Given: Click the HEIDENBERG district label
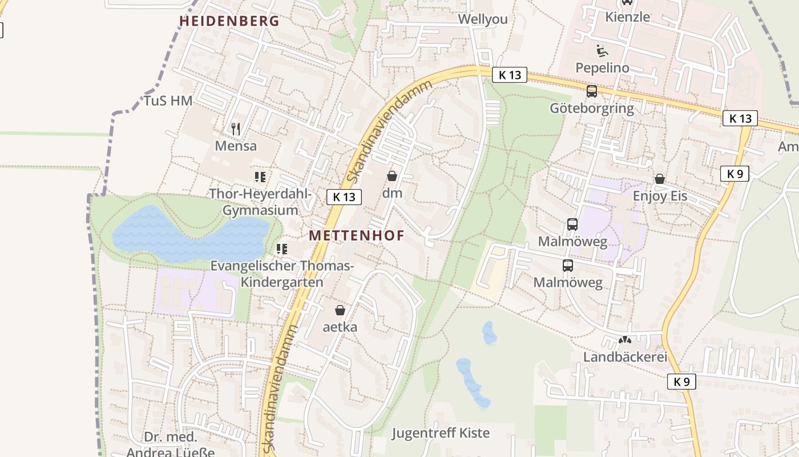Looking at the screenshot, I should [229, 21].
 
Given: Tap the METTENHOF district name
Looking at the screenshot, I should [357, 235].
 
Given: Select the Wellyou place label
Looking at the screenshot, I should [483, 19].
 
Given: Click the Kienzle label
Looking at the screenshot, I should [628, 17].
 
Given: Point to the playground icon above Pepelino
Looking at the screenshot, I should [602, 51].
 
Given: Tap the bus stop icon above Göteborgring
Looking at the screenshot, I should [592, 91].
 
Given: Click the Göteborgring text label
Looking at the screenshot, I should [592, 109].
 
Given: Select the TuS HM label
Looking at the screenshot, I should [168, 101].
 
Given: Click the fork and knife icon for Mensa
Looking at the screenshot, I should [236, 129].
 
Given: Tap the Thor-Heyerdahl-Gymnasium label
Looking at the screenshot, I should [260, 202].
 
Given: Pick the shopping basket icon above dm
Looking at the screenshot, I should [392, 175].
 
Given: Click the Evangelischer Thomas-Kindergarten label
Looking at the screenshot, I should [282, 274].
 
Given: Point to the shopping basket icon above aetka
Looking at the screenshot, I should [340, 310].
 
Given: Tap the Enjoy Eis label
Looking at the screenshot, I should [660, 197].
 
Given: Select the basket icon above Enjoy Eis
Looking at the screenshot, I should [660, 179].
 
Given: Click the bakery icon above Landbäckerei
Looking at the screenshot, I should [625, 340].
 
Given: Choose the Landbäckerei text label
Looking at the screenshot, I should [625, 357].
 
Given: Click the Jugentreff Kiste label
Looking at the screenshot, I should [441, 433].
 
